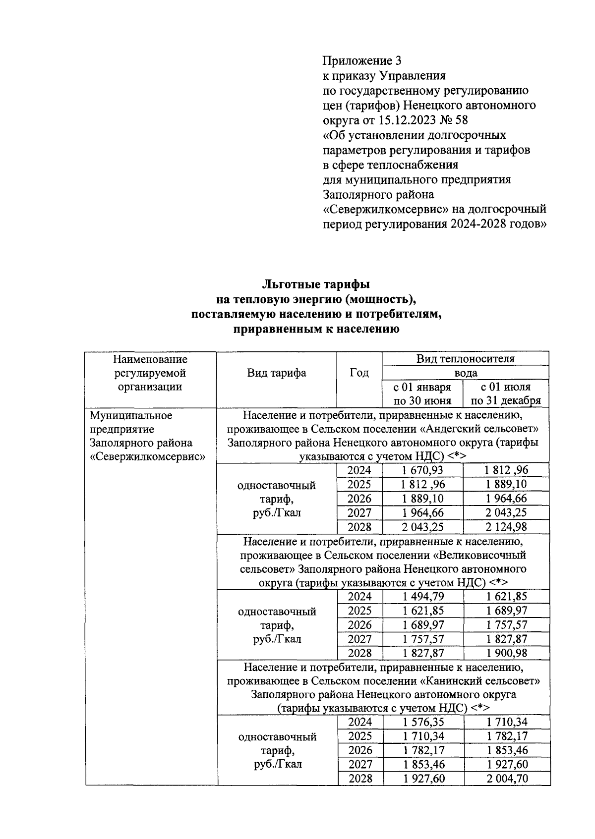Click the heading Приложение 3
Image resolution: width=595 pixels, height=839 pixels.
click(361, 61)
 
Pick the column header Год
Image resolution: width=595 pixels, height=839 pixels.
click(359, 373)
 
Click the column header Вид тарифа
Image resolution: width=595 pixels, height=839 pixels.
click(276, 373)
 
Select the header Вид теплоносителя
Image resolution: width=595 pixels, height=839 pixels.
click(465, 358)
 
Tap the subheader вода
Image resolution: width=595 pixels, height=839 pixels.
click(465, 373)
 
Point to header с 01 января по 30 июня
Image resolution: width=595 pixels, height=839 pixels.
click(422, 393)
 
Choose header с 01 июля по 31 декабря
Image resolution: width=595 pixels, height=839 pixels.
click(505, 393)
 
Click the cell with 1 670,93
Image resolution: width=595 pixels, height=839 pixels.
click(423, 470)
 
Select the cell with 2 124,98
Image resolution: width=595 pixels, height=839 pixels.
click(506, 526)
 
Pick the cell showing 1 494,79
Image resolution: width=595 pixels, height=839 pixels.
click(423, 596)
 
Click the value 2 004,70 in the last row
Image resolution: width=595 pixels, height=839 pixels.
click(507, 779)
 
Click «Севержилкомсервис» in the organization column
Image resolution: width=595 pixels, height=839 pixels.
click(148, 456)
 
